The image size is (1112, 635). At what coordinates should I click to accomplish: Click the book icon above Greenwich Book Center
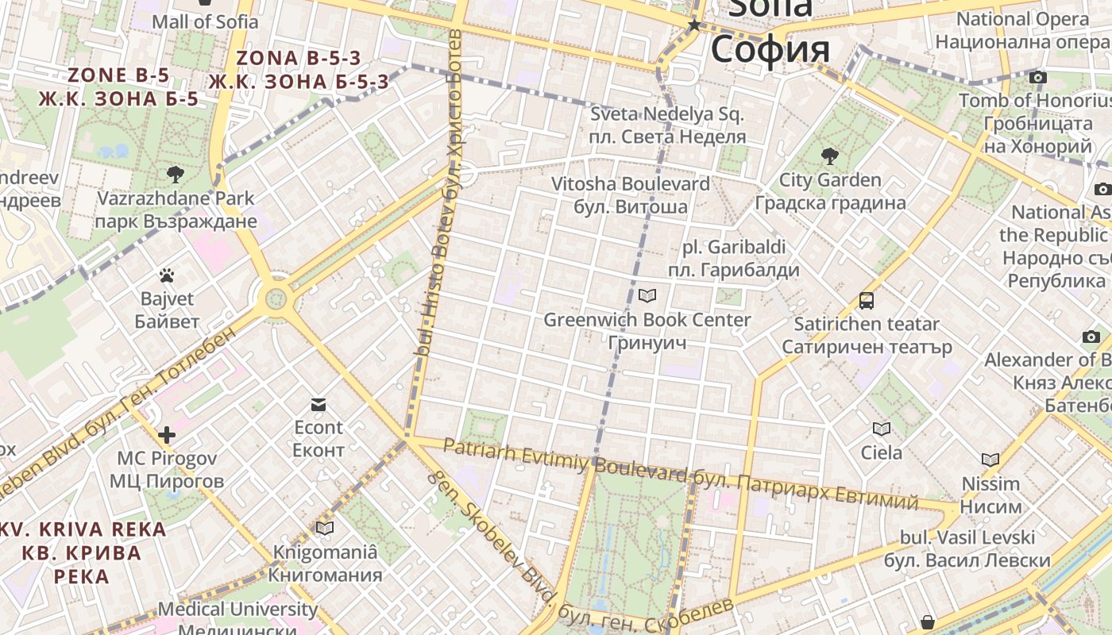tap(647, 296)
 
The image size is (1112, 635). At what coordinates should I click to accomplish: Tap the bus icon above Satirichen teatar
tap(867, 301)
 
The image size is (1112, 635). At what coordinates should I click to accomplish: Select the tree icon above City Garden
tap(830, 156)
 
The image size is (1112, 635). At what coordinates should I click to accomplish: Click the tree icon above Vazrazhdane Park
tap(176, 174)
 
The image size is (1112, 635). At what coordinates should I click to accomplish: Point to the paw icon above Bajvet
tap(167, 275)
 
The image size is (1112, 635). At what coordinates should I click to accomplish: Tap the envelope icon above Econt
tap(319, 405)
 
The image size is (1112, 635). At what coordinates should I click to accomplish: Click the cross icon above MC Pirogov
tap(167, 435)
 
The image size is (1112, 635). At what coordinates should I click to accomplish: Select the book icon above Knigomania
tap(325, 528)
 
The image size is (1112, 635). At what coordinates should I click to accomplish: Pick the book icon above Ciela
tap(882, 429)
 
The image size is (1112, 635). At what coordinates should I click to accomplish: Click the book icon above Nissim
tap(990, 460)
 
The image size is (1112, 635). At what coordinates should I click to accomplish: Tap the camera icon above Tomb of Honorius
tap(1037, 77)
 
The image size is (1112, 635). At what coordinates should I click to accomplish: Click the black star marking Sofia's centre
tap(695, 25)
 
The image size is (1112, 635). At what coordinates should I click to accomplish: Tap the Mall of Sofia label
tap(205, 21)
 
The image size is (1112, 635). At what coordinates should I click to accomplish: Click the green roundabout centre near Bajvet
tap(276, 299)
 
